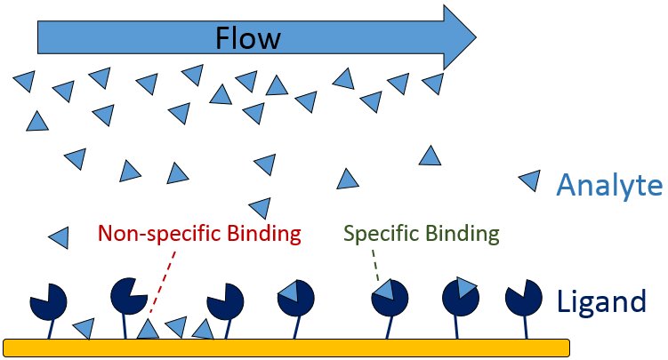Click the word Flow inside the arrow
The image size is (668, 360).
248,37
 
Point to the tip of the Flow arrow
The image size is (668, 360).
474,36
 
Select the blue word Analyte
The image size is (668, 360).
609,186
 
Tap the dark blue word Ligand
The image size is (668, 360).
601,302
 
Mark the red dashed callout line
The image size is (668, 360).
164,279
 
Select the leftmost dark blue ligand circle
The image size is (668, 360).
47,302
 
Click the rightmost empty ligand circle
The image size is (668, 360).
524,300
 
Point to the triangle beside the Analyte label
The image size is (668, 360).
530,181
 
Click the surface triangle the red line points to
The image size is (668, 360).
148,329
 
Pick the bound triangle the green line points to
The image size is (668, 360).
384,290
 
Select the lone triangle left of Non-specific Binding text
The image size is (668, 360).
59,237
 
